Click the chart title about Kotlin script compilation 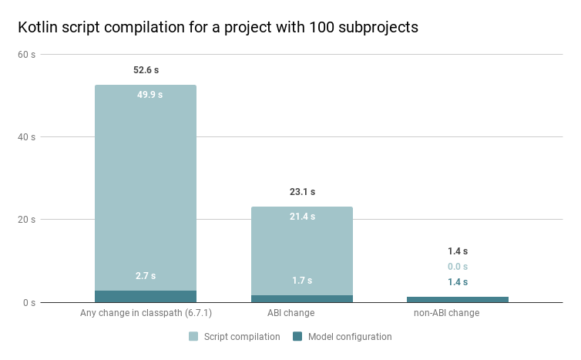click(x=218, y=27)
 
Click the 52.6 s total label click(x=146, y=70)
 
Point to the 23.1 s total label click(x=302, y=192)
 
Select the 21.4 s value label click(x=302, y=217)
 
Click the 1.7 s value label click(x=302, y=281)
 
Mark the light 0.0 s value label click(x=458, y=267)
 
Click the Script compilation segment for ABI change click(x=302, y=251)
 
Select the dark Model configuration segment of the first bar click(x=146, y=296)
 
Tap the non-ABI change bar click(x=458, y=299)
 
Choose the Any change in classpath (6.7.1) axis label click(x=146, y=313)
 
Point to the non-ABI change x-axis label click(x=447, y=313)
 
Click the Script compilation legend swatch click(x=194, y=337)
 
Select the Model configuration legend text click(x=350, y=337)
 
